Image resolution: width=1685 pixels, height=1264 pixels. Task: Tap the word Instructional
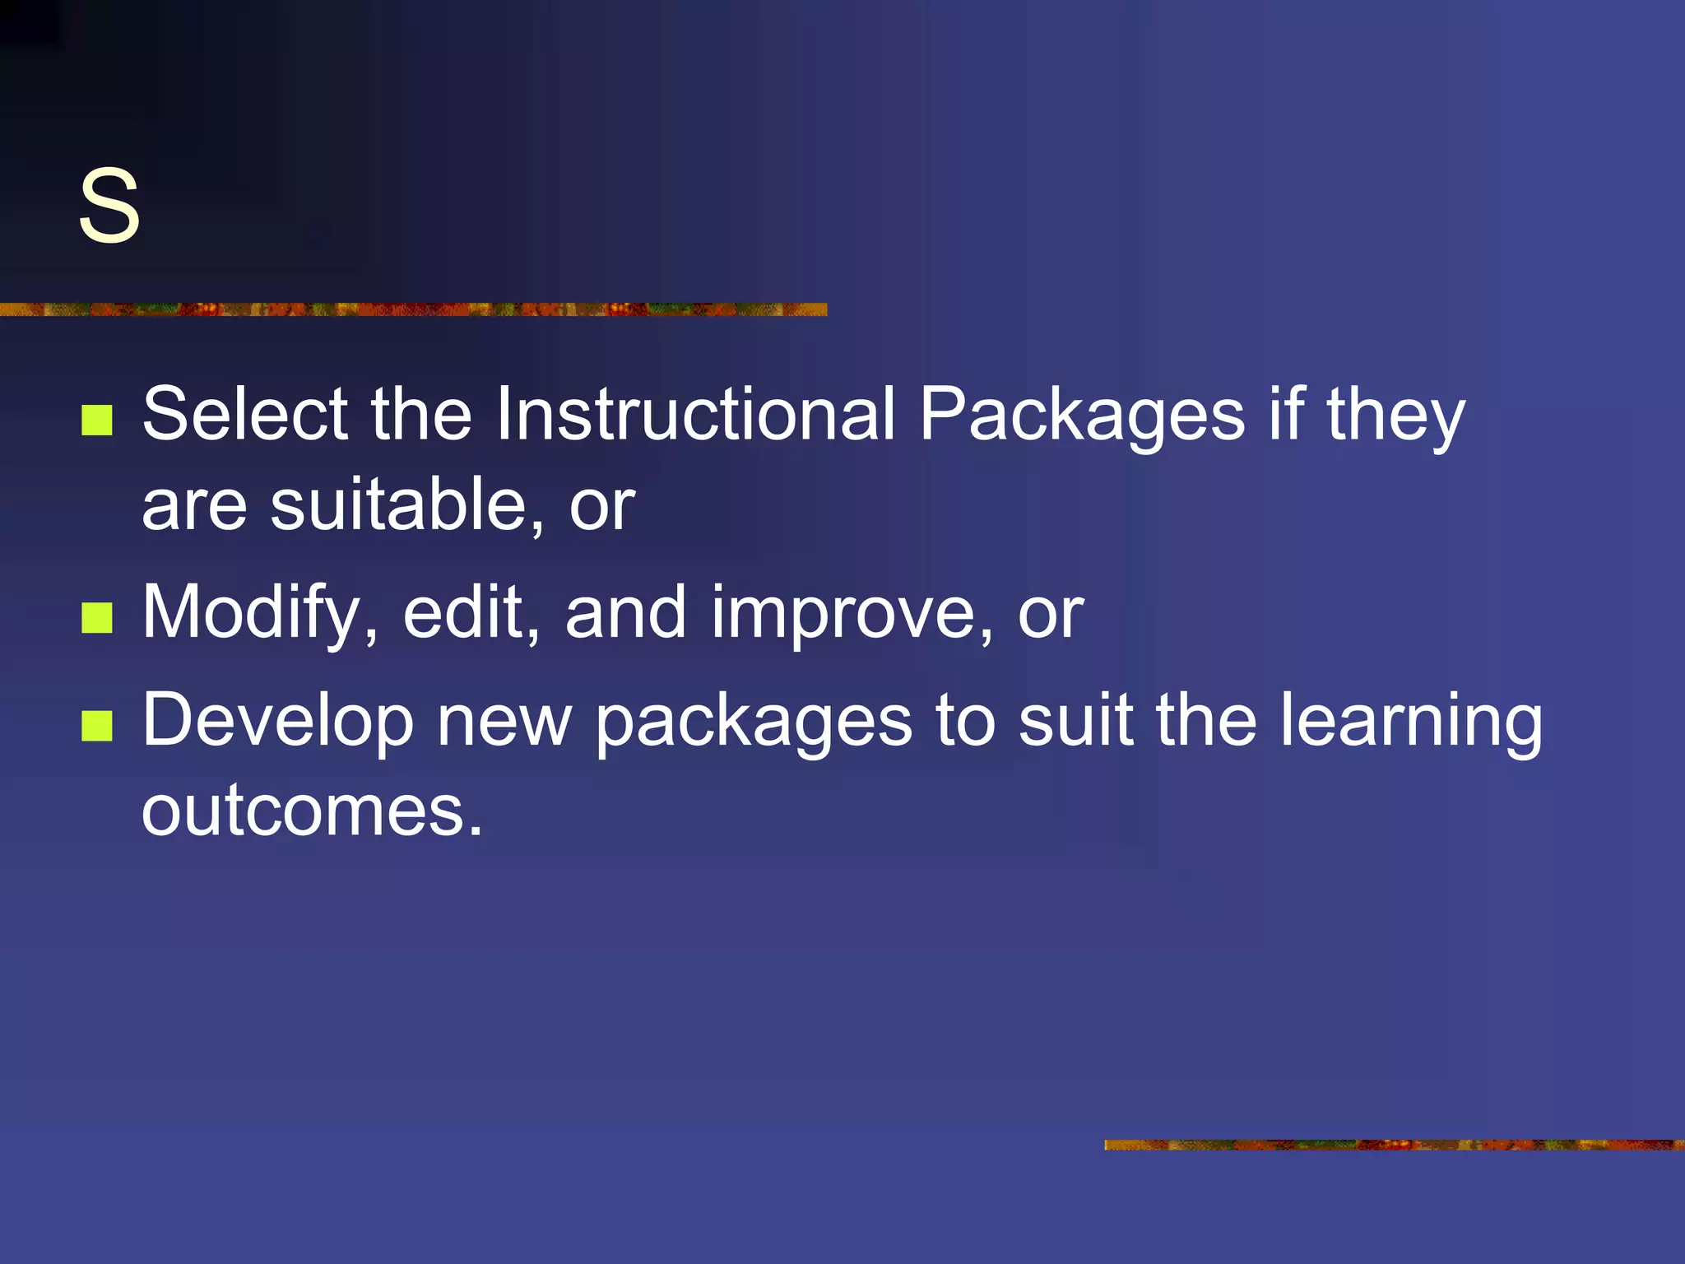click(695, 414)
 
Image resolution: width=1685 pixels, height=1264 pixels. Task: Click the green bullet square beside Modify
click(97, 618)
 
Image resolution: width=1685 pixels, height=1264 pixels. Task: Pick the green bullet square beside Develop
click(97, 727)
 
